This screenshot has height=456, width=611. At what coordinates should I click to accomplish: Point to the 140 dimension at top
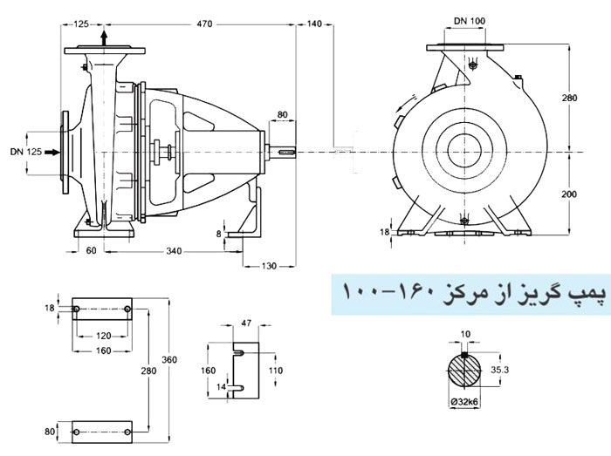[315, 25]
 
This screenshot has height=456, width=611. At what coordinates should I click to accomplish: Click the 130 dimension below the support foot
[268, 264]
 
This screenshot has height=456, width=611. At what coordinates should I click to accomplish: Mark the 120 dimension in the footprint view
[104, 334]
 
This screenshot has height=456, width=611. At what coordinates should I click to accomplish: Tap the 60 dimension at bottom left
[90, 251]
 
